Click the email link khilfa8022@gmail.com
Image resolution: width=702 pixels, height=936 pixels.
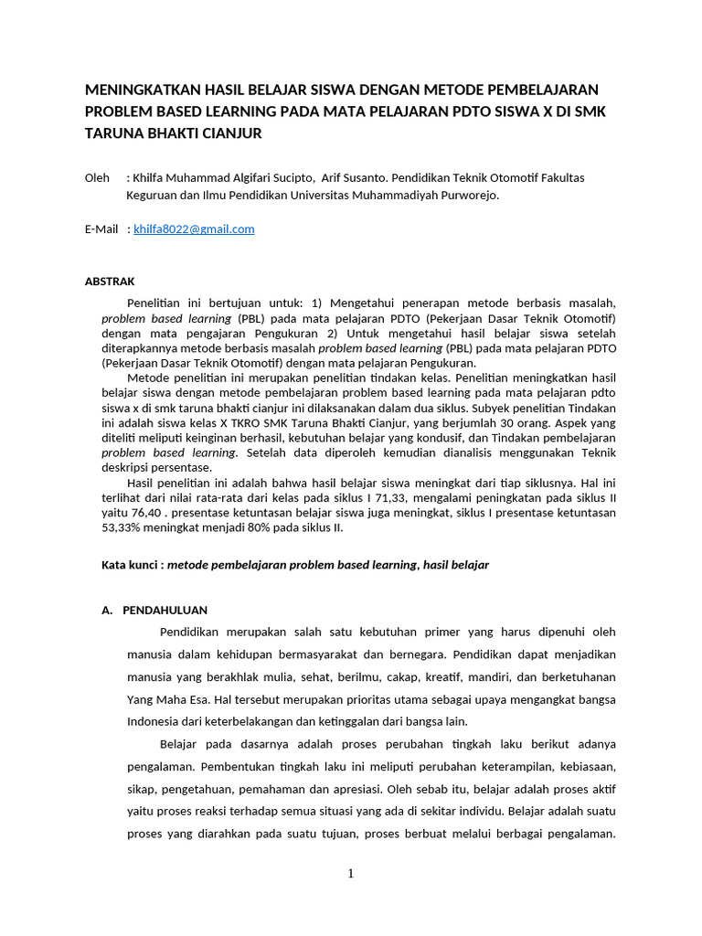point(194,229)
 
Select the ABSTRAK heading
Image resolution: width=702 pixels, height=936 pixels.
point(110,282)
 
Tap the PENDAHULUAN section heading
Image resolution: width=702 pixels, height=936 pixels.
point(165,611)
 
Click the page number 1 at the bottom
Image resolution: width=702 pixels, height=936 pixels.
point(351,874)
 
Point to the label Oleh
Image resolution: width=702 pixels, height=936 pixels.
point(97,177)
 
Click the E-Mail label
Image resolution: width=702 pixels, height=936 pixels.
point(101,229)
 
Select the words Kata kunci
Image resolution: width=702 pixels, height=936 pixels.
point(132,565)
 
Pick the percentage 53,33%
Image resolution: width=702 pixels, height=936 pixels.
point(122,527)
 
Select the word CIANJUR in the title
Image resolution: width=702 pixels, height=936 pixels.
point(229,133)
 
